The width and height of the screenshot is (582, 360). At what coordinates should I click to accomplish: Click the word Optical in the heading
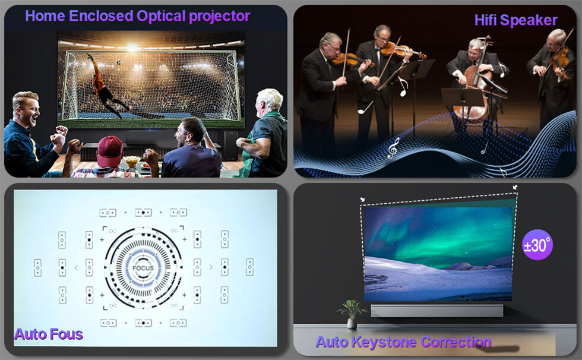[161, 16]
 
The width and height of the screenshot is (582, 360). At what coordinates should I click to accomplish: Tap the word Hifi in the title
[486, 20]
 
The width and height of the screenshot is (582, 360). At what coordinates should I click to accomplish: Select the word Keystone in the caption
[384, 342]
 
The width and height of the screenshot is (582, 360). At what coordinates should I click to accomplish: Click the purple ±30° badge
[537, 245]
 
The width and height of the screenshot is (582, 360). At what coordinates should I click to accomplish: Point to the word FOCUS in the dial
[143, 268]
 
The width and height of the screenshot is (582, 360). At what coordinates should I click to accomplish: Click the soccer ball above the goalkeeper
[118, 62]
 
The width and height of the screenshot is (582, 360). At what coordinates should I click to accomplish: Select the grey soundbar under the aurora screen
[437, 311]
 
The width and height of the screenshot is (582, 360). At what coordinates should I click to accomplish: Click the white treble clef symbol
[393, 148]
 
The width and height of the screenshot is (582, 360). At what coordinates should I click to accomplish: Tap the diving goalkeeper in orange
[105, 86]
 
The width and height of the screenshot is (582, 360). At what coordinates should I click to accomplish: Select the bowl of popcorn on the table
[132, 162]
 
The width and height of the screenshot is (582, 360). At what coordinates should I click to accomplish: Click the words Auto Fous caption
[49, 334]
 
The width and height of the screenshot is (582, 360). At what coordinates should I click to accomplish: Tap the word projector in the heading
[219, 16]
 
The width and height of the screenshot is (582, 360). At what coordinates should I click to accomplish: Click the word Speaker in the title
[529, 20]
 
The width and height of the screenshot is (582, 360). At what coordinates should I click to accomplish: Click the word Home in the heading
[45, 16]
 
